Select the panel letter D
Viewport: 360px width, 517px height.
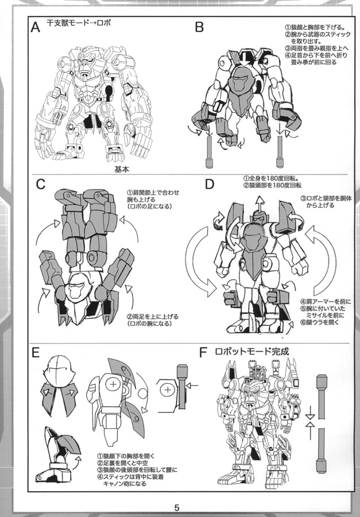click(210, 185)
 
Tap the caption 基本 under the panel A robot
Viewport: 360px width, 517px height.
click(122, 169)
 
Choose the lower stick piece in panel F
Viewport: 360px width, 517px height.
click(322, 454)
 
